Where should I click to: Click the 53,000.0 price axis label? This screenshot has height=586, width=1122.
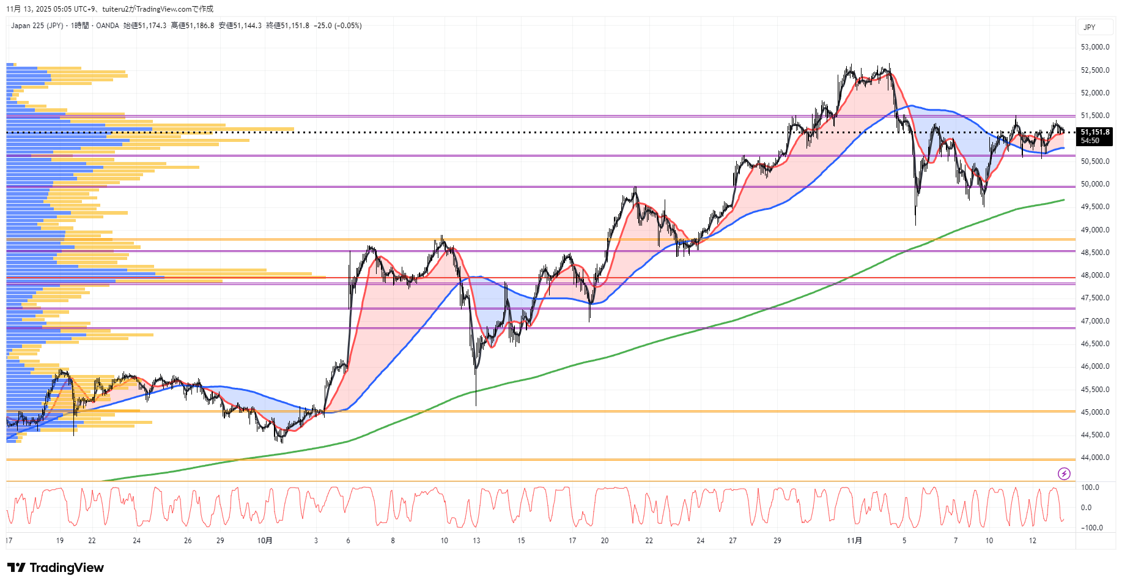(1094, 47)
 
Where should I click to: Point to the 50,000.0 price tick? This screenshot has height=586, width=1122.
(1094, 184)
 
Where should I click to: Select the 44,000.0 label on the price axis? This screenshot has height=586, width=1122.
(1094, 458)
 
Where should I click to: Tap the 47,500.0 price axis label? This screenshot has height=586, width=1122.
(1094, 298)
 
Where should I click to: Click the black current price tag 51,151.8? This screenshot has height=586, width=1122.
(1094, 132)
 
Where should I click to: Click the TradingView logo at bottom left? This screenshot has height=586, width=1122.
(56, 568)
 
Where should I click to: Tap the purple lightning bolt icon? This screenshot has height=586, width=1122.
(1064, 473)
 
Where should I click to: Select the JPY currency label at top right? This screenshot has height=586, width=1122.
(1090, 28)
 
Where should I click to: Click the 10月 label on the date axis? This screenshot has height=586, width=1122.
(265, 541)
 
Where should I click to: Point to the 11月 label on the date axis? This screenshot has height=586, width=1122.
(854, 541)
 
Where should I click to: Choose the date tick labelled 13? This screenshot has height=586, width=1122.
(476, 541)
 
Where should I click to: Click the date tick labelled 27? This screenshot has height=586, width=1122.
(733, 541)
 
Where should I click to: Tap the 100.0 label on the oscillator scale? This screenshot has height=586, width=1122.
(1090, 488)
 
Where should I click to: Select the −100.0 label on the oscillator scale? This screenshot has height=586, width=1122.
(1091, 528)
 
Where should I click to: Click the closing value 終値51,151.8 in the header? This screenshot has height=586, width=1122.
(288, 26)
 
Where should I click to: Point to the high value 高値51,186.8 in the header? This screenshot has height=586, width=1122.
(193, 26)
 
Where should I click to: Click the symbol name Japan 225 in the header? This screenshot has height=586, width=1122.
(28, 26)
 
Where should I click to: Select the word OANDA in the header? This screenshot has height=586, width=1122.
(108, 26)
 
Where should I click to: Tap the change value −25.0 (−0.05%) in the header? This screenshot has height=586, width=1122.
(338, 26)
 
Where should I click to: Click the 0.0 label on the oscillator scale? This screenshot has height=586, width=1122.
(1086, 508)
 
